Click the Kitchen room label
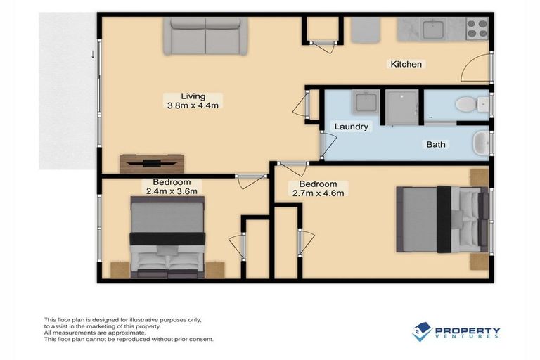(x=406, y=65)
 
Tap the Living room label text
(x=193, y=96)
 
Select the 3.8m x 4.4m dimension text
(x=193, y=106)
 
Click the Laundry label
(x=352, y=127)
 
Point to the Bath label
(x=436, y=145)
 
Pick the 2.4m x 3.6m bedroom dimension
(x=171, y=191)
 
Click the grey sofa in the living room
(x=205, y=37)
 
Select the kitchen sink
(x=430, y=30)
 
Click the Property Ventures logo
(x=456, y=332)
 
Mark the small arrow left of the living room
(x=92, y=53)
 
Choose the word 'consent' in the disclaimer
(x=200, y=339)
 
